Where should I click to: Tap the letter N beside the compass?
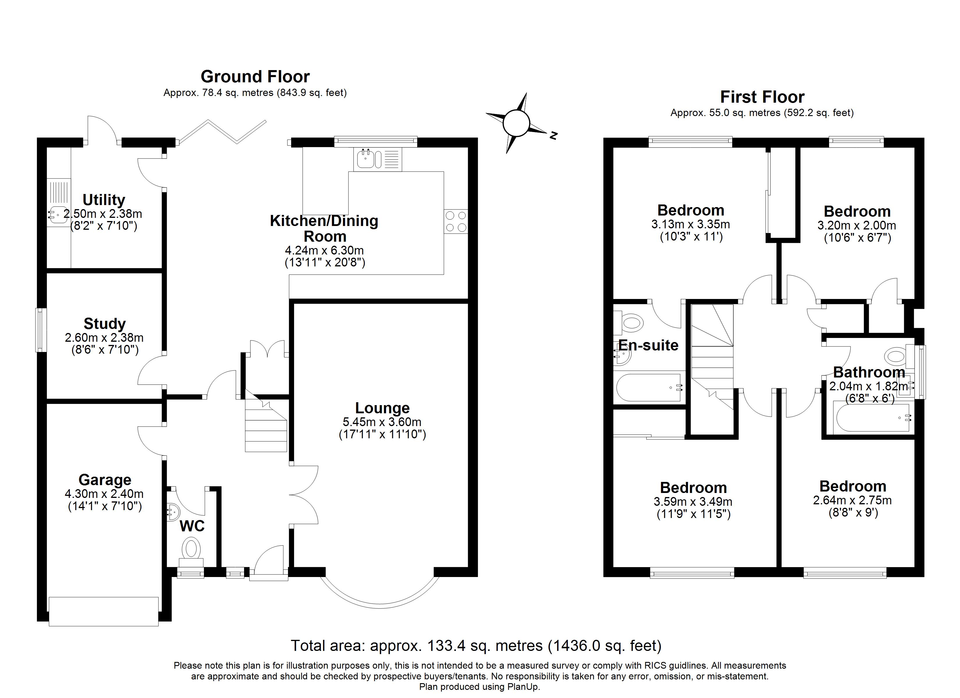click(x=553, y=136)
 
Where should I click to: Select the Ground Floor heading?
click(x=255, y=76)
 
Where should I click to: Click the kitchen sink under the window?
click(x=378, y=159)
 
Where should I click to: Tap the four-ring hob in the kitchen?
click(x=456, y=221)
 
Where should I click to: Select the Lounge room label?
click(x=382, y=408)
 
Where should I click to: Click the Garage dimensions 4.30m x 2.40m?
click(x=104, y=494)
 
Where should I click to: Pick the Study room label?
click(x=104, y=323)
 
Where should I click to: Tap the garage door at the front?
click(x=104, y=611)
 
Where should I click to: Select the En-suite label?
click(x=648, y=346)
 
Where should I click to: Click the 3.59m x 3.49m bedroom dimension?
click(x=693, y=502)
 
